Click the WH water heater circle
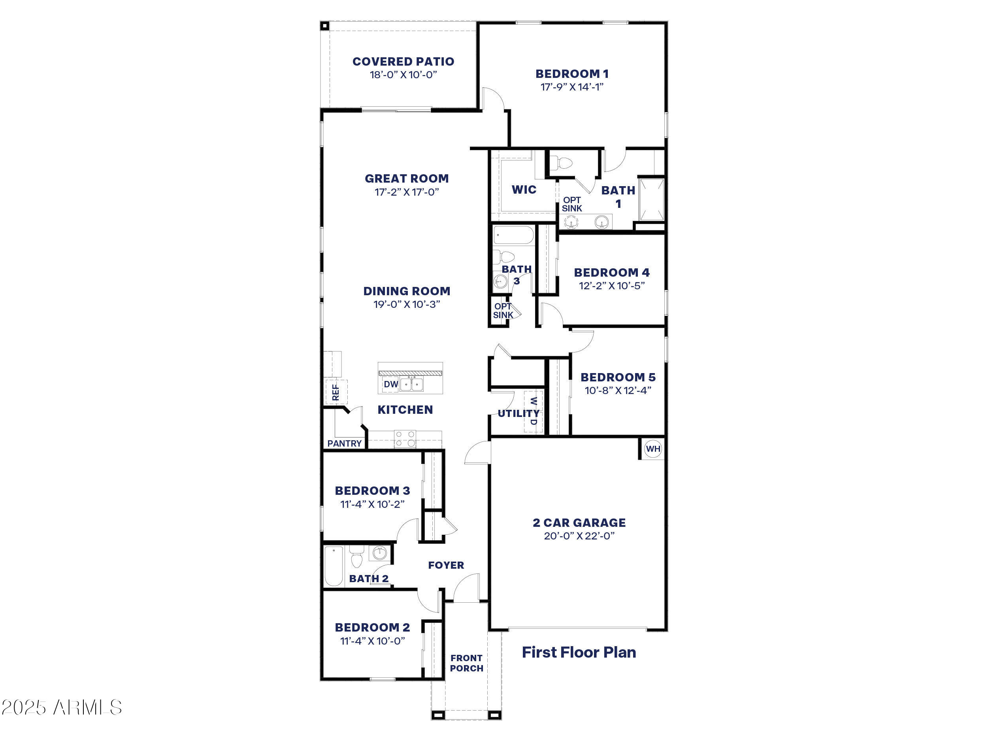click(652, 449)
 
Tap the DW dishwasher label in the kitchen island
click(391, 384)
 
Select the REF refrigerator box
click(336, 392)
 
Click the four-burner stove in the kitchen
click(405, 439)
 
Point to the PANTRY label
click(344, 443)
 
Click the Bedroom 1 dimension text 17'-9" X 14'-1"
click(572, 87)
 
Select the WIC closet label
click(524, 190)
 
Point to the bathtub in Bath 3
click(513, 236)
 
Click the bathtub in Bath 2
click(334, 566)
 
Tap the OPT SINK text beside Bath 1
click(572, 204)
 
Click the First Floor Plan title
click(579, 652)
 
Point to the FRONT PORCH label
click(466, 663)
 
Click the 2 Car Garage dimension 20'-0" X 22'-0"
click(579, 536)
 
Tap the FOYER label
click(446, 566)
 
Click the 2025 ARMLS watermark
click(62, 707)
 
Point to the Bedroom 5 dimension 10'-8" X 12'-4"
click(618, 390)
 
